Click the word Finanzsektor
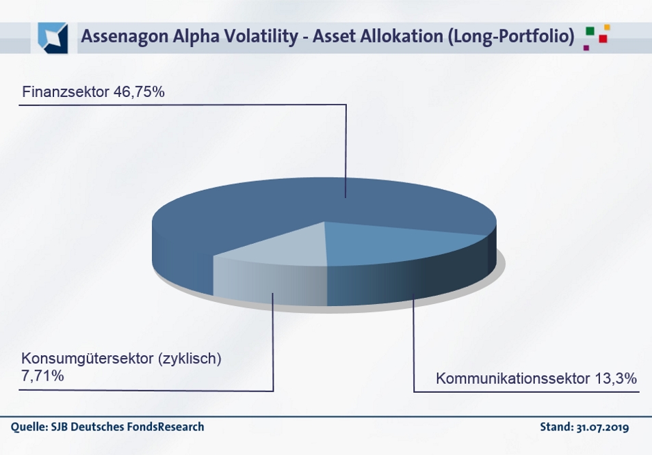[66, 92]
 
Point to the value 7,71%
[42, 376]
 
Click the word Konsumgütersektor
[88, 358]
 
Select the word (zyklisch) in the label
[190, 358]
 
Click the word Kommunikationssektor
[513, 378]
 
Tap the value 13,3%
[616, 378]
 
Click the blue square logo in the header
[53, 38]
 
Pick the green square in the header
[590, 31]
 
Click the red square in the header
[603, 39]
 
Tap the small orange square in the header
[607, 27]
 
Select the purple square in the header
[586, 47]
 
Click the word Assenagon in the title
[125, 36]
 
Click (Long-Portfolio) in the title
[511, 36]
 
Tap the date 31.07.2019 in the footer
[603, 427]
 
